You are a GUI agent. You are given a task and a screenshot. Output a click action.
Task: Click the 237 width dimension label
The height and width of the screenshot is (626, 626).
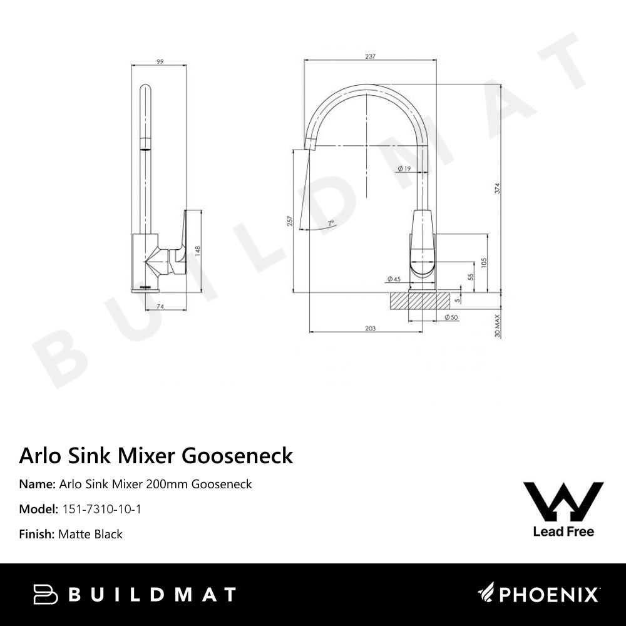click(369, 56)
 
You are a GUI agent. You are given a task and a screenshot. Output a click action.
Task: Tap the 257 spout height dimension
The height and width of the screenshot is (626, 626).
click(289, 222)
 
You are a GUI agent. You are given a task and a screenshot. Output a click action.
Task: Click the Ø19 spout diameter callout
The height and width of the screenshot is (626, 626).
click(404, 168)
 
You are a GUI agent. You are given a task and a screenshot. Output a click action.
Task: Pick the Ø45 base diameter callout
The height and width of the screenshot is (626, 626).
click(394, 279)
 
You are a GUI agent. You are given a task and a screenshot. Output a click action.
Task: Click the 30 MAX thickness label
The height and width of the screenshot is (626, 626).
click(497, 326)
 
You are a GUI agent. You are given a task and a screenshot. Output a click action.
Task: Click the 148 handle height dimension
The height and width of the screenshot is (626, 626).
click(197, 251)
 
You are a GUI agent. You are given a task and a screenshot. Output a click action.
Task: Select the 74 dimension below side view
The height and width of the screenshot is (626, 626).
click(160, 306)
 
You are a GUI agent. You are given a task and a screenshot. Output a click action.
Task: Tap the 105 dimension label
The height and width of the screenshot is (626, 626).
click(484, 263)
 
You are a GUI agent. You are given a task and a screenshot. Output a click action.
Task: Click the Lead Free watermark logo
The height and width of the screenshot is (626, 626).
click(563, 508)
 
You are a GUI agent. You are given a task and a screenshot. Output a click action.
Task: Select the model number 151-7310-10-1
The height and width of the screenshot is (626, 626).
click(102, 509)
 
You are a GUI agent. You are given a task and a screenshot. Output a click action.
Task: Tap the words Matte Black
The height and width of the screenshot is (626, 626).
click(90, 534)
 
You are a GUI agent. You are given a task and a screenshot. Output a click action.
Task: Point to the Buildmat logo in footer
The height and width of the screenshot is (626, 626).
click(134, 594)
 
